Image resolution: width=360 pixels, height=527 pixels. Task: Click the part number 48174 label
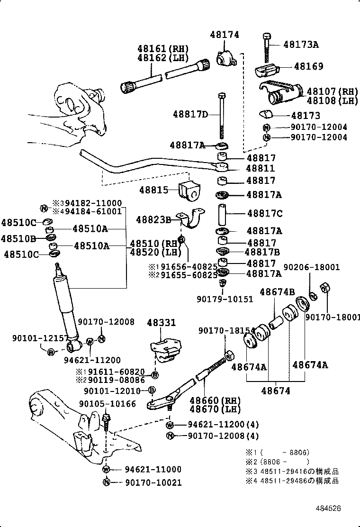(225, 35)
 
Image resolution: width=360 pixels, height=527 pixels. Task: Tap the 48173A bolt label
(301, 45)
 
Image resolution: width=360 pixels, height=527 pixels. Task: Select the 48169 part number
(308, 66)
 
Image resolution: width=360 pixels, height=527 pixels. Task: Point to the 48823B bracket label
(153, 219)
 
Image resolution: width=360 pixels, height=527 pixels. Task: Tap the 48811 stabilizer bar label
(261, 168)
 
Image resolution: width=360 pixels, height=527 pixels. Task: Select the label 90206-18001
(312, 267)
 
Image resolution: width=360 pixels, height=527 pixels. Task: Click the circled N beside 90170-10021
(106, 482)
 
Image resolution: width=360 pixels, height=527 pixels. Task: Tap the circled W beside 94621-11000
(106, 469)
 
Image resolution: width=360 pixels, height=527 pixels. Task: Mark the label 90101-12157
(34, 337)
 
